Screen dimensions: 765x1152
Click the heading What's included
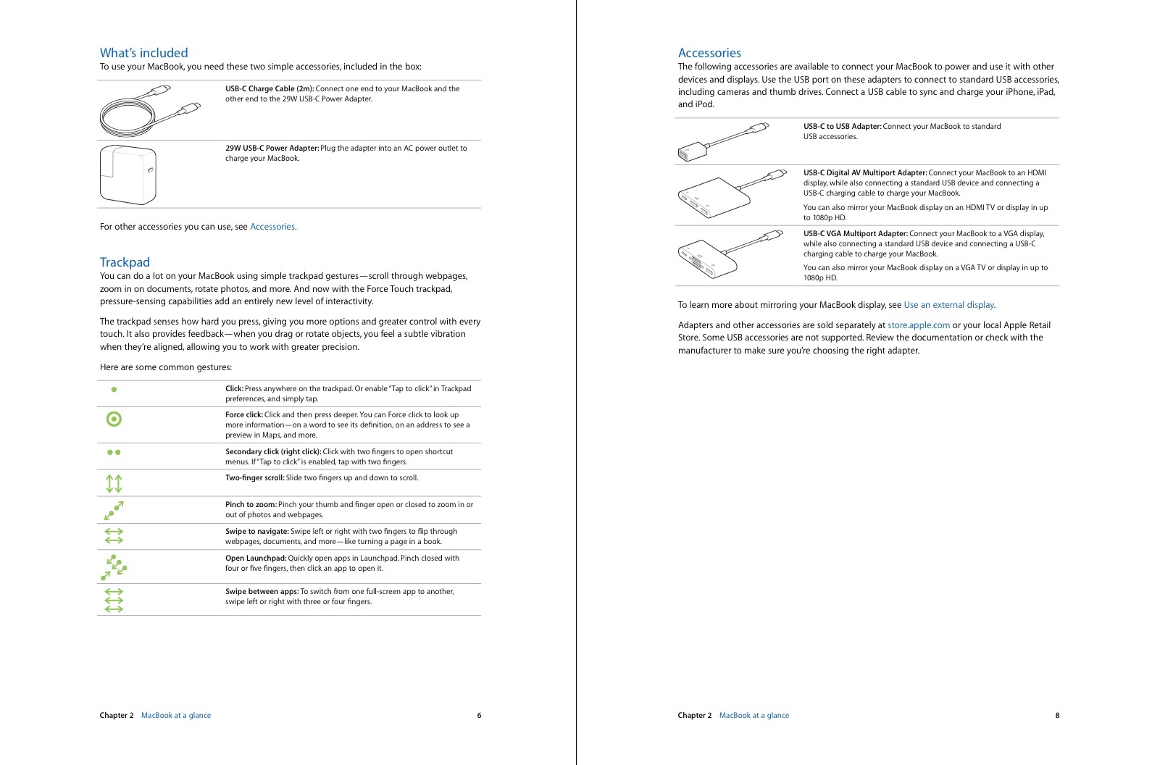[x=143, y=53]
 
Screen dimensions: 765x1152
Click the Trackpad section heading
[x=125, y=262]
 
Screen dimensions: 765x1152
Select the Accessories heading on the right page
[x=709, y=53]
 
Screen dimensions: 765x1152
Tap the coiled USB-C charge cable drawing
[x=148, y=111]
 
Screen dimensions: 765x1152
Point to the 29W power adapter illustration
[x=128, y=175]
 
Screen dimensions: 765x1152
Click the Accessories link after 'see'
[x=272, y=227]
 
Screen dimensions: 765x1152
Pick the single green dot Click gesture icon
[x=114, y=389]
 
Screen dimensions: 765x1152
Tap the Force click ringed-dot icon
[x=114, y=419]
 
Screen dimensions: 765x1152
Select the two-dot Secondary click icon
[x=114, y=452]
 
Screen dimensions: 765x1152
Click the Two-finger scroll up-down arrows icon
[x=114, y=483]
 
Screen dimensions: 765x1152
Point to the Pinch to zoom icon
[x=114, y=510]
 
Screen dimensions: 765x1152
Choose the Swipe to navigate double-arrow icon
[x=114, y=535]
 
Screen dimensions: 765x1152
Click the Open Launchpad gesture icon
[x=114, y=567]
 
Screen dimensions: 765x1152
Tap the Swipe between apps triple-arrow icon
[x=114, y=601]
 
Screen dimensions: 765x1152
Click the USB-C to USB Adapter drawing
[x=722, y=141]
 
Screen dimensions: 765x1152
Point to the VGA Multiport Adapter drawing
[x=728, y=254]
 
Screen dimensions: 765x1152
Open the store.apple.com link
[x=918, y=325]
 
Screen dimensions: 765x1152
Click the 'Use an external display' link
[x=948, y=305]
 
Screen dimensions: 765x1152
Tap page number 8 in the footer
[x=1057, y=715]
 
